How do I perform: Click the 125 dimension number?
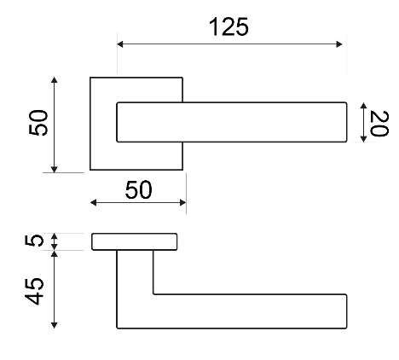tap(228, 26)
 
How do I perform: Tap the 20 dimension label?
tap(379, 124)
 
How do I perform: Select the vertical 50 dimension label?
tap(38, 123)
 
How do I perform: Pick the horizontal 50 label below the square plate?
tap(138, 189)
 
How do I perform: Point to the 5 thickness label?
tap(34, 241)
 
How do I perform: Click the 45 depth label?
tap(34, 291)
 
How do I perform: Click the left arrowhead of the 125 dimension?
tap(120, 44)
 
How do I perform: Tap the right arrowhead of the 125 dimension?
tap(339, 44)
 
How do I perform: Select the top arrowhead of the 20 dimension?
tap(363, 106)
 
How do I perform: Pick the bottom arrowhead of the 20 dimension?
tap(363, 139)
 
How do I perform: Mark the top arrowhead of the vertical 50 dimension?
tap(54, 80)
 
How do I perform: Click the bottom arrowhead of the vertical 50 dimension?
tap(54, 169)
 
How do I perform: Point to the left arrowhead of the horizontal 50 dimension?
tap(94, 202)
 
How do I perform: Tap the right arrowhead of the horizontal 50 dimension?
tap(183, 202)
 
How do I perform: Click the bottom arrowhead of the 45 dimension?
tap(54, 325)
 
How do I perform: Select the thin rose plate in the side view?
tap(135, 241)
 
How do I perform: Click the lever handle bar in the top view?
tap(232, 122)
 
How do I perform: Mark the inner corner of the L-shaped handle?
tap(153, 294)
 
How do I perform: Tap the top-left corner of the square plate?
tap(90, 78)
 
